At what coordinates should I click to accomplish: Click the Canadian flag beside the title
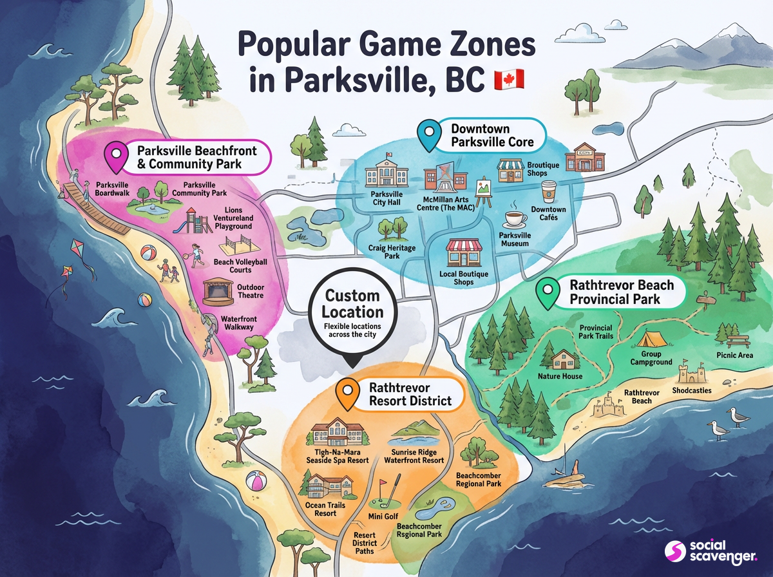[x=509, y=80]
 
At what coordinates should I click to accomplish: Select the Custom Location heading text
[x=354, y=304]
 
